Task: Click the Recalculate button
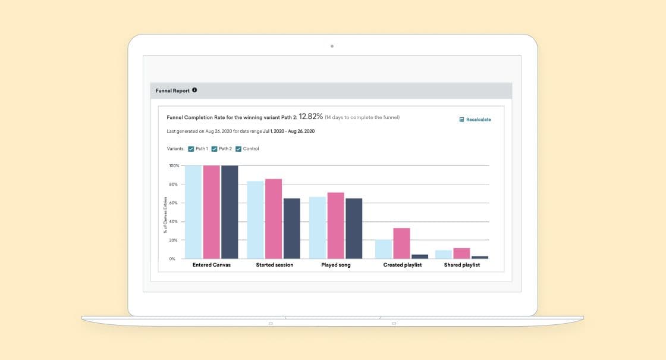(x=475, y=120)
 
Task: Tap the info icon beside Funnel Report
(x=194, y=90)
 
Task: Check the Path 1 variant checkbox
(x=191, y=149)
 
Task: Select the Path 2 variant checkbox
(x=214, y=149)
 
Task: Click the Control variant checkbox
(x=238, y=149)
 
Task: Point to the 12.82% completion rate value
(x=310, y=117)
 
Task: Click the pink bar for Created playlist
(x=401, y=243)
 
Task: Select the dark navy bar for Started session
(x=292, y=228)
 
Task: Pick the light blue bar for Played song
(x=318, y=228)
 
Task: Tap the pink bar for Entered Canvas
(x=211, y=212)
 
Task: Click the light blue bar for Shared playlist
(x=444, y=254)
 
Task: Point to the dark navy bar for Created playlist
(x=420, y=256)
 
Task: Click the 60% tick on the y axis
(x=174, y=203)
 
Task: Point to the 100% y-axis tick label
(x=174, y=165)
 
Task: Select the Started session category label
(x=274, y=265)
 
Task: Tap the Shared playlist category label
(x=461, y=265)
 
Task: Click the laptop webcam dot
(x=332, y=46)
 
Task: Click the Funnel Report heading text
(x=172, y=90)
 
